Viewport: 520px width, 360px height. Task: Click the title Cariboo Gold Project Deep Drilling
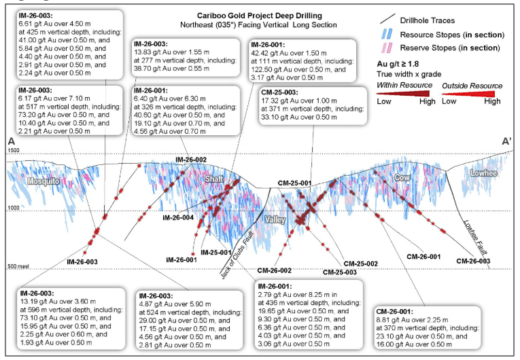pyautogui.click(x=260, y=16)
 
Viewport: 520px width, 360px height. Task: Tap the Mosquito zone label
pyautogui.click(x=44, y=181)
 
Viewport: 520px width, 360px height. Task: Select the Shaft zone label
pyautogui.click(x=214, y=179)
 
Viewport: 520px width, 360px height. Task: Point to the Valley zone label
pyautogui.click(x=275, y=219)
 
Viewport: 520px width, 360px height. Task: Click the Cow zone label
pyautogui.click(x=402, y=178)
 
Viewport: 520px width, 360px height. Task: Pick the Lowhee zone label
pyautogui.click(x=483, y=173)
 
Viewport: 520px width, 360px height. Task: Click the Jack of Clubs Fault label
pyautogui.click(x=237, y=255)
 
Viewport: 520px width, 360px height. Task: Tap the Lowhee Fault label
pyautogui.click(x=475, y=238)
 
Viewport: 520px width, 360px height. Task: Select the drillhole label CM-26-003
pyautogui.click(x=473, y=261)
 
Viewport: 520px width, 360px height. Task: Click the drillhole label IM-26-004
pyautogui.click(x=178, y=218)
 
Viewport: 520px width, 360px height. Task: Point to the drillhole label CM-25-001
pyautogui.click(x=294, y=183)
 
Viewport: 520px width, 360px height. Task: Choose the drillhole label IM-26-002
pyautogui.click(x=191, y=160)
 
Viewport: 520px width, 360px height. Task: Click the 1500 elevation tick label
pyautogui.click(x=14, y=150)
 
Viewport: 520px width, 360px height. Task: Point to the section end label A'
pyautogui.click(x=506, y=141)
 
